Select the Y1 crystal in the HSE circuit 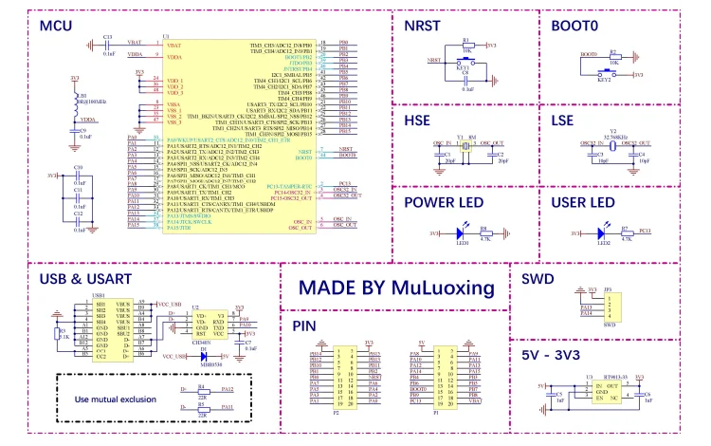pyautogui.click(x=465, y=150)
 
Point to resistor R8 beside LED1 pyautogui.click(x=484, y=232)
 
